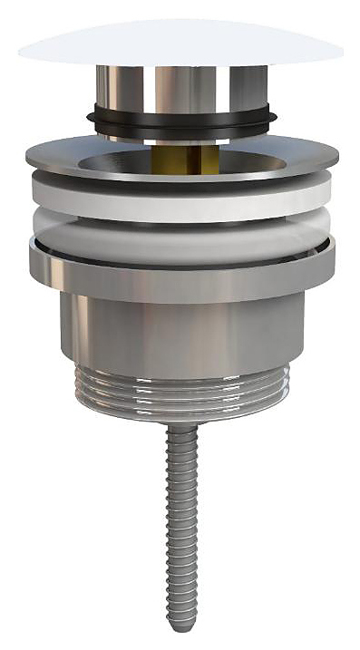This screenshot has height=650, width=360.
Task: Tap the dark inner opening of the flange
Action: click(x=136, y=163)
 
